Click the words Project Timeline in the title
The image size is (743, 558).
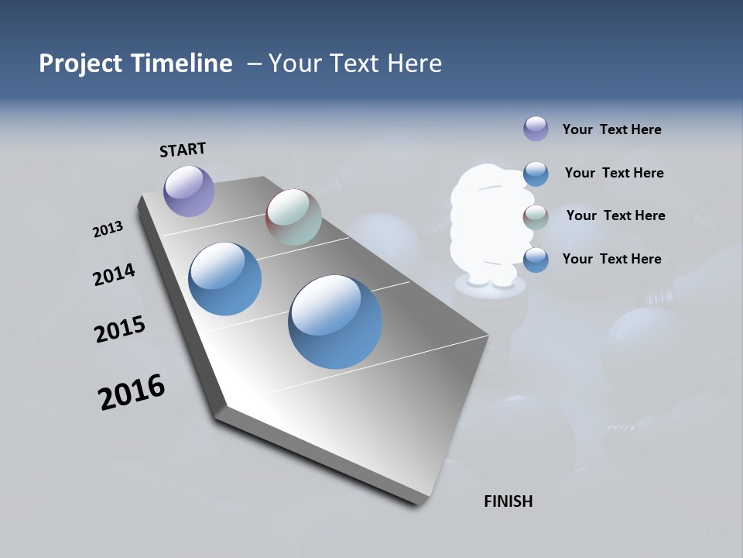pyautogui.click(x=135, y=64)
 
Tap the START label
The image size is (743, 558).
pyautogui.click(x=183, y=150)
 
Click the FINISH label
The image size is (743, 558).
pyautogui.click(x=508, y=501)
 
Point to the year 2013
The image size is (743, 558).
pyautogui.click(x=108, y=229)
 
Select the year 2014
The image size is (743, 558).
pyautogui.click(x=114, y=274)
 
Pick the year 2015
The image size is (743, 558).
pyautogui.click(x=120, y=329)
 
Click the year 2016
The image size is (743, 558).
pyautogui.click(x=132, y=392)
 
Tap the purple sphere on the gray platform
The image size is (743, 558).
pyautogui.click(x=189, y=191)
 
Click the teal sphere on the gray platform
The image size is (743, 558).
pyautogui.click(x=293, y=216)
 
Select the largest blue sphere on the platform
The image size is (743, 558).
pyautogui.click(x=335, y=321)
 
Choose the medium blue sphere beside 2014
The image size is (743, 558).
pyautogui.click(x=224, y=279)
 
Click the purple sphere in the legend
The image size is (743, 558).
pyautogui.click(x=536, y=129)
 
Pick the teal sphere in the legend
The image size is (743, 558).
pyautogui.click(x=536, y=217)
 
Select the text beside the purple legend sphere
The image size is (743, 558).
pyautogui.click(x=611, y=129)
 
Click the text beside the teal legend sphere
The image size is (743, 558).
pyautogui.click(x=615, y=215)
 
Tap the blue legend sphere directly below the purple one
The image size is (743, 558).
pyautogui.click(x=536, y=174)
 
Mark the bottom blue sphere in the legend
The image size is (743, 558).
pyautogui.click(x=536, y=260)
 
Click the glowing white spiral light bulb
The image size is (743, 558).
pyautogui.click(x=488, y=225)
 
